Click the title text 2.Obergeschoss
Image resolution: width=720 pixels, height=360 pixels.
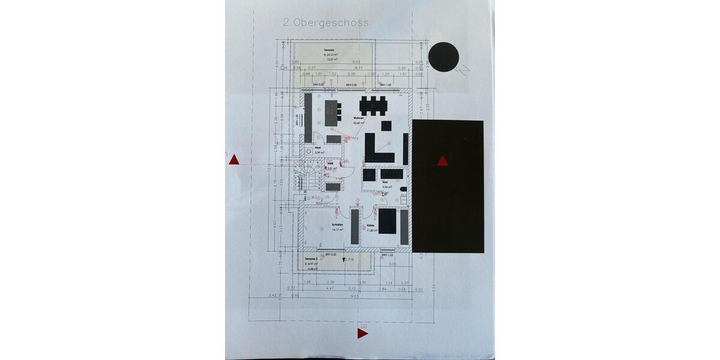pos(325,22)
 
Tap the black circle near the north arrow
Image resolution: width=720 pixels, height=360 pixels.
pos(444,57)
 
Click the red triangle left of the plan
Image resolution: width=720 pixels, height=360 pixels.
pos(235,159)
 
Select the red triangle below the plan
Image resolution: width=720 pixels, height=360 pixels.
pos(362,333)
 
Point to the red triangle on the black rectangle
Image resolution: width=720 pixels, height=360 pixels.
pos(443,160)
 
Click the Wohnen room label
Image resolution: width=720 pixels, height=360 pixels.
pos(359,118)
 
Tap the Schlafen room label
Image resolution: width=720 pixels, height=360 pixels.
pos(337,225)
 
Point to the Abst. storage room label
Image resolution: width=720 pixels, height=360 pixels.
pos(319,148)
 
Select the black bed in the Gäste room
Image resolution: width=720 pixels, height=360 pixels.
pos(387,221)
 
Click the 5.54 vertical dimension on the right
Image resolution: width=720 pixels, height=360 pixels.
pos(433,289)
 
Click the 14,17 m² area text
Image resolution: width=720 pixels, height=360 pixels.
pos(337,230)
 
